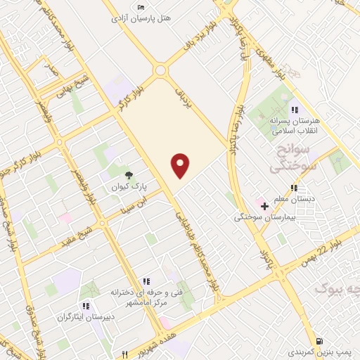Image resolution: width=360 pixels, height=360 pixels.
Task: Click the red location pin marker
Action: [x=181, y=165]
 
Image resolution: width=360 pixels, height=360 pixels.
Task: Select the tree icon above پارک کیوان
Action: [x=128, y=175]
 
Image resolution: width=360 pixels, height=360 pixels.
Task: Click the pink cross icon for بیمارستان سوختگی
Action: [x=264, y=206]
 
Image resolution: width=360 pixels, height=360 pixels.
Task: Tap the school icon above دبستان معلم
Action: [x=294, y=188]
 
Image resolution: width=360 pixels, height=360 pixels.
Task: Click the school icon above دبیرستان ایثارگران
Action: [x=86, y=306]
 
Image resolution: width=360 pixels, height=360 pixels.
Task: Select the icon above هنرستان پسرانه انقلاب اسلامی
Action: [x=295, y=110]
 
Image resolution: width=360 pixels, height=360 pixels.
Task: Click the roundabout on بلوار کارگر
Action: [x=161, y=70]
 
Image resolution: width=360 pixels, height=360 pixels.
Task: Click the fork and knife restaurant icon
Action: [x=125, y=354]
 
